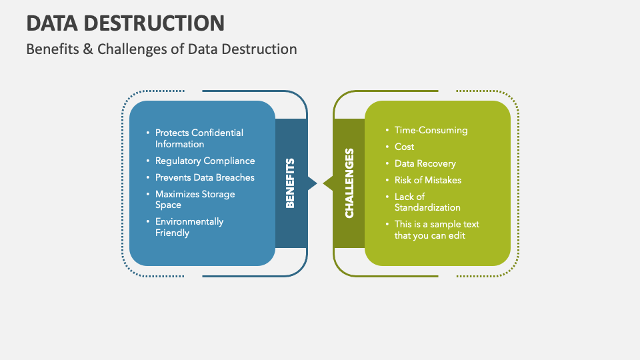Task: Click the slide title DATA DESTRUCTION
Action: point(125,23)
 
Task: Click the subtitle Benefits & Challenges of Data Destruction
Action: point(161,49)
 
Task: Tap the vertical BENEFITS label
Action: point(291,183)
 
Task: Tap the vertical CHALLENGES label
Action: point(349,183)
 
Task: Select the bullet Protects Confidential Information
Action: point(199,138)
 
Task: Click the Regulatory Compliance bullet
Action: point(205,161)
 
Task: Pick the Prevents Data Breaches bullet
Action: point(205,177)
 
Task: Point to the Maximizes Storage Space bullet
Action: point(195,199)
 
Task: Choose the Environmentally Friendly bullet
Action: point(189,227)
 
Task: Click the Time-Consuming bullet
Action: point(431,130)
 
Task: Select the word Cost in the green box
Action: point(404,147)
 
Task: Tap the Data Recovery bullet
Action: point(425,163)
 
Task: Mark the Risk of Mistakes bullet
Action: point(427,180)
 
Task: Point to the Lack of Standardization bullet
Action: point(427,202)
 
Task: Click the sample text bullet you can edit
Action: point(436,229)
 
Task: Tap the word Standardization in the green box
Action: point(427,207)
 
